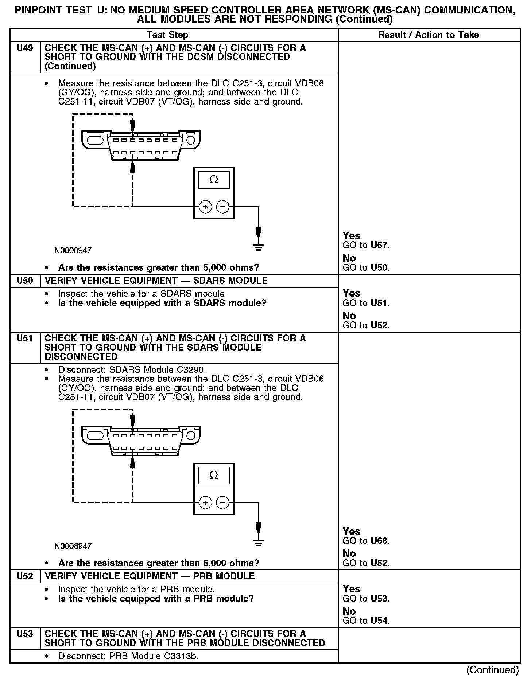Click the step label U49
click(x=25, y=48)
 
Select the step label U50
click(x=25, y=281)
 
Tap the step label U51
click(x=25, y=338)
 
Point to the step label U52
click(x=25, y=576)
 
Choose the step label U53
click(x=25, y=634)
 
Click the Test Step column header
click(x=167, y=35)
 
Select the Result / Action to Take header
click(x=429, y=35)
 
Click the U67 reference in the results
click(x=379, y=245)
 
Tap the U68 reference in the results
click(x=379, y=541)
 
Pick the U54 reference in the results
click(x=379, y=621)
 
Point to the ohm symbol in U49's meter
click(x=214, y=180)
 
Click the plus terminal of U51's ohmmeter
click(x=205, y=503)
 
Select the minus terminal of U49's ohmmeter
click(x=222, y=207)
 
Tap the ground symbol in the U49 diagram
click(x=258, y=248)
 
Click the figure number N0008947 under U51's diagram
click(x=73, y=546)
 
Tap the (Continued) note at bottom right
click(x=492, y=670)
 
